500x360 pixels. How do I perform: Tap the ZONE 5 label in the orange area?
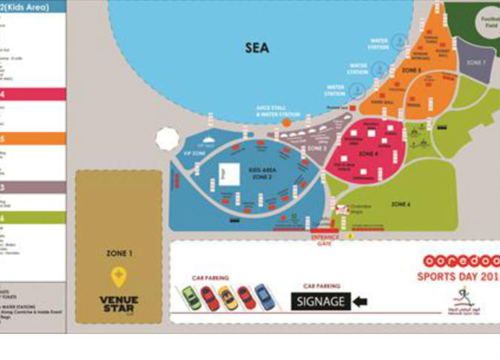pos(411,71)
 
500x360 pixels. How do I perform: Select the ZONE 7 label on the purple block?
pos(476,62)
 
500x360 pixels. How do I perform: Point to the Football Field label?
pos(490,22)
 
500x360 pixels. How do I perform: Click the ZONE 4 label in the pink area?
pos(369,154)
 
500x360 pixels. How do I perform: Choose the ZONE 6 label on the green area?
pos(401,203)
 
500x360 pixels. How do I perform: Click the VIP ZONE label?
pos(193,153)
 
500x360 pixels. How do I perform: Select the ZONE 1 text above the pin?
pos(119,254)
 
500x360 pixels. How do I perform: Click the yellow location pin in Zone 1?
pos(119,278)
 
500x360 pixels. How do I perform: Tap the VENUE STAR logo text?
pos(119,303)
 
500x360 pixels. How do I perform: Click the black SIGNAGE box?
pos(320,301)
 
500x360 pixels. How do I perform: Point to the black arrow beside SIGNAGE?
pos(360,301)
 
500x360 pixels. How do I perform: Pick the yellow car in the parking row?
pos(228,298)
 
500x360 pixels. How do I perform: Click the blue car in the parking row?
pos(264,298)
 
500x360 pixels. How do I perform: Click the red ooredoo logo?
pos(459,262)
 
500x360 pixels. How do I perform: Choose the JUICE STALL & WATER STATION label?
pos(278,111)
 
